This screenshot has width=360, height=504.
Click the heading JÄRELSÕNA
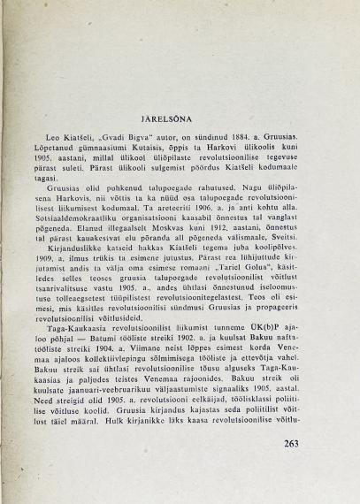click(180, 116)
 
